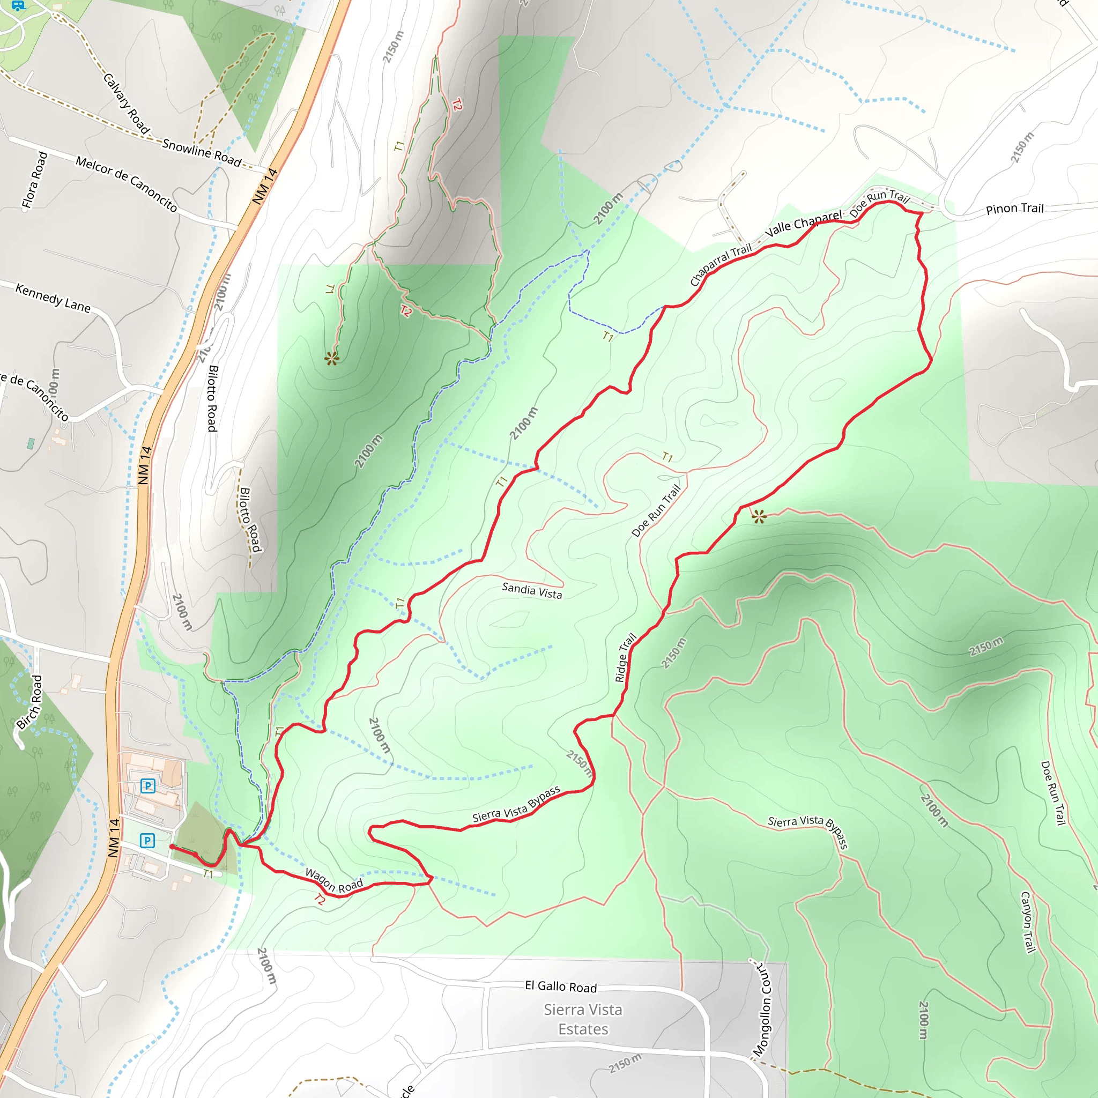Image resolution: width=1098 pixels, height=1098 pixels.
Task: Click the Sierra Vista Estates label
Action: click(583, 1019)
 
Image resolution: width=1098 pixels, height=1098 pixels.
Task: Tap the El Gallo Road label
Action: click(560, 986)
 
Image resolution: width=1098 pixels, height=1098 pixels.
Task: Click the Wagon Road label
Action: click(333, 880)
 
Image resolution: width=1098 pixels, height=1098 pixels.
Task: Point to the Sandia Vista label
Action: click(531, 590)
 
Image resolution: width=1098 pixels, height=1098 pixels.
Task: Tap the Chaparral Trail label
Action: click(720, 264)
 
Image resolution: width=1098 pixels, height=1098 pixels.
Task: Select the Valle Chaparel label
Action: click(803, 224)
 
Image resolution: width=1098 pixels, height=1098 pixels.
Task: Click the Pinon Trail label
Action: click(1014, 209)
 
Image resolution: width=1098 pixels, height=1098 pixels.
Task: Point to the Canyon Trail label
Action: click(1028, 922)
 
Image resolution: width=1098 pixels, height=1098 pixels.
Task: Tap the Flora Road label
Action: click(35, 180)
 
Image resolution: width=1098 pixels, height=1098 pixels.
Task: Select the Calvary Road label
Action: click(126, 104)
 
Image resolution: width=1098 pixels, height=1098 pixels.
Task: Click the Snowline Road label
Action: click(202, 152)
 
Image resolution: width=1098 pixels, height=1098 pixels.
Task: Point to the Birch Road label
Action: click(29, 702)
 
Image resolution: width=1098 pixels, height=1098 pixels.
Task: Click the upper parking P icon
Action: click(148, 786)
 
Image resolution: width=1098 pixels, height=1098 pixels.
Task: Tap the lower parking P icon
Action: click(147, 841)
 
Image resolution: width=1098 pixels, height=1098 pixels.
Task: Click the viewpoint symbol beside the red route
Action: click(759, 517)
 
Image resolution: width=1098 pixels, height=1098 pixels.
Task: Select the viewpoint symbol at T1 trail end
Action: click(332, 359)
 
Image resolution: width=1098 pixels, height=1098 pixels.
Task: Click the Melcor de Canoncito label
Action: click(126, 184)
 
